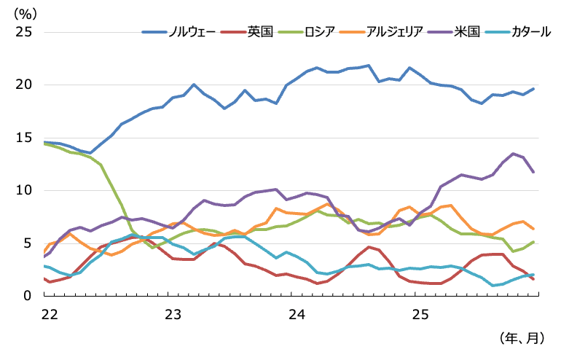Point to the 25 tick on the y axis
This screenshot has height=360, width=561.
25,32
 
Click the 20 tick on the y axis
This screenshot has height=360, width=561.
25,85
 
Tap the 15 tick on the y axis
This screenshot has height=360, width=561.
25,138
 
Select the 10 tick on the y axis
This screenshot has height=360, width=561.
25,190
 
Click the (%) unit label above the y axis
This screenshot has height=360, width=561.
28,12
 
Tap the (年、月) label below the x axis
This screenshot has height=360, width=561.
519,338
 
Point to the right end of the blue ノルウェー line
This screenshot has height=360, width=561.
534,89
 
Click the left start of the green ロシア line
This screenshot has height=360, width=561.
44,144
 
